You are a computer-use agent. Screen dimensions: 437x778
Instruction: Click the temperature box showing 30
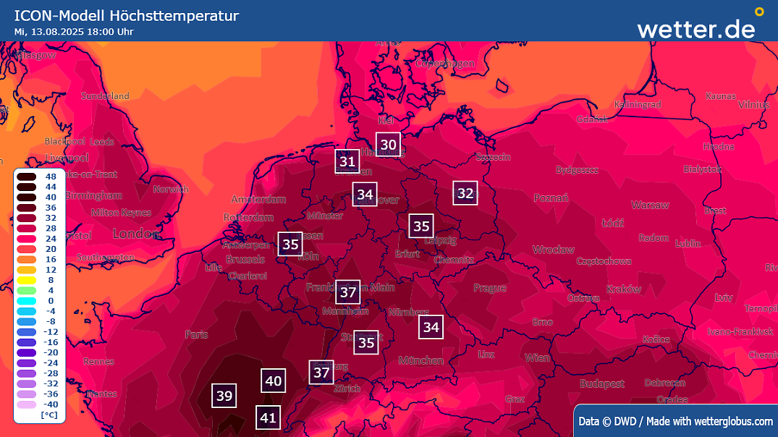pyautogui.click(x=389, y=145)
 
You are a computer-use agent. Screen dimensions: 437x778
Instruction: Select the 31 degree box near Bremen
pyautogui.click(x=347, y=161)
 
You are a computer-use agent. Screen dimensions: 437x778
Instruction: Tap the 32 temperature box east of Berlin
pyautogui.click(x=465, y=193)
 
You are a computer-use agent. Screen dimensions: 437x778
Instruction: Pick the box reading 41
pyautogui.click(x=269, y=417)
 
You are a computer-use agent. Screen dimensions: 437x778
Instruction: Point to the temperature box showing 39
pyautogui.click(x=224, y=396)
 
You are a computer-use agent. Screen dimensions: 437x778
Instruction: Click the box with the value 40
pyautogui.click(x=273, y=381)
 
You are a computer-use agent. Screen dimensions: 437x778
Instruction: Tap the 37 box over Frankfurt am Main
pyautogui.click(x=348, y=292)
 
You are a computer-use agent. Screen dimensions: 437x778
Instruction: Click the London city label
pyautogui.click(x=135, y=234)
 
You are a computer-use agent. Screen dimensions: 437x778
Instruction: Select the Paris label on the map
pyautogui.click(x=196, y=334)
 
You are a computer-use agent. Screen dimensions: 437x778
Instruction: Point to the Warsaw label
pyautogui.click(x=649, y=205)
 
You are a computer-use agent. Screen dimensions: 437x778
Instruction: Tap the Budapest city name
pyautogui.click(x=601, y=383)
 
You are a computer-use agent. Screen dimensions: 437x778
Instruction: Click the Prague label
pyautogui.click(x=490, y=288)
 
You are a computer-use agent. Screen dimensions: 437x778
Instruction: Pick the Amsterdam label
pyautogui.click(x=258, y=199)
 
